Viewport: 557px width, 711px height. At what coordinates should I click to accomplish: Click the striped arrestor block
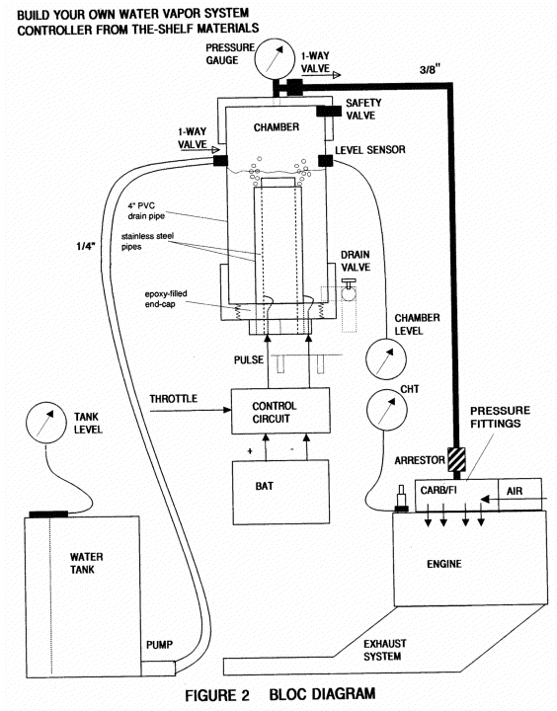click(x=456, y=460)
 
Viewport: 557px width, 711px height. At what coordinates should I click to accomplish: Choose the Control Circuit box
click(x=280, y=411)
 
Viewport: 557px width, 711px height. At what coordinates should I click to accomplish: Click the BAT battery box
click(x=280, y=493)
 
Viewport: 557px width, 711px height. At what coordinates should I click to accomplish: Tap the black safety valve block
click(x=329, y=111)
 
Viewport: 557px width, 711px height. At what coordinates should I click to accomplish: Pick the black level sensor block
click(x=325, y=161)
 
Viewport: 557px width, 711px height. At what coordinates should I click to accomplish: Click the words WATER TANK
click(x=86, y=563)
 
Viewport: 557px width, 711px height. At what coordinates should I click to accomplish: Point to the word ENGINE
click(x=444, y=564)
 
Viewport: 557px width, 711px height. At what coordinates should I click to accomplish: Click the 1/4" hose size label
click(x=85, y=246)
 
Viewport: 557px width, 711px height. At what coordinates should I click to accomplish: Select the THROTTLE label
click(x=173, y=399)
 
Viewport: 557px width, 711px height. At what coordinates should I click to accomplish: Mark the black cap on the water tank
click(x=48, y=514)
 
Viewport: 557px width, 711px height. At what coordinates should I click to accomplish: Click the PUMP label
click(x=159, y=644)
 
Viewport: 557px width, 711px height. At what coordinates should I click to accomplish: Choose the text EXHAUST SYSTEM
click(x=384, y=650)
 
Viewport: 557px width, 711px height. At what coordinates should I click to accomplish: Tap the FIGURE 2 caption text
click(x=217, y=695)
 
